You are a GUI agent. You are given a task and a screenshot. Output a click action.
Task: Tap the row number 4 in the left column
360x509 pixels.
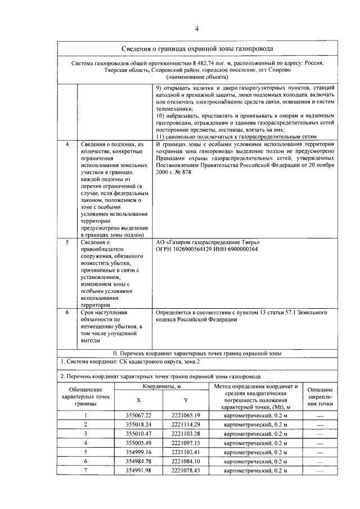tap(67, 145)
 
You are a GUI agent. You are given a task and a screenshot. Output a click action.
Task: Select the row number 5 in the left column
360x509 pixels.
tap(67, 242)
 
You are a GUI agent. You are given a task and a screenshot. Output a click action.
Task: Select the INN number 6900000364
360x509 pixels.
tap(239, 249)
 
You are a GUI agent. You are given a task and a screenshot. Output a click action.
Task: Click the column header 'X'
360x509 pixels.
tap(138, 400)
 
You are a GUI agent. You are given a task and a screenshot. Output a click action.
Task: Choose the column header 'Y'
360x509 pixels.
tap(186, 400)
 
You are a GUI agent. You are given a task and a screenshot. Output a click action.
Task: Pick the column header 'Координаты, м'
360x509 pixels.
tap(161, 386)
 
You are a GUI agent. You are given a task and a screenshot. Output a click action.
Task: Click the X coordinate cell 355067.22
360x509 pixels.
tap(138, 416)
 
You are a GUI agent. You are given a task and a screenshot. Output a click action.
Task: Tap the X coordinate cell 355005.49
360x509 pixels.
tap(138, 443)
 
